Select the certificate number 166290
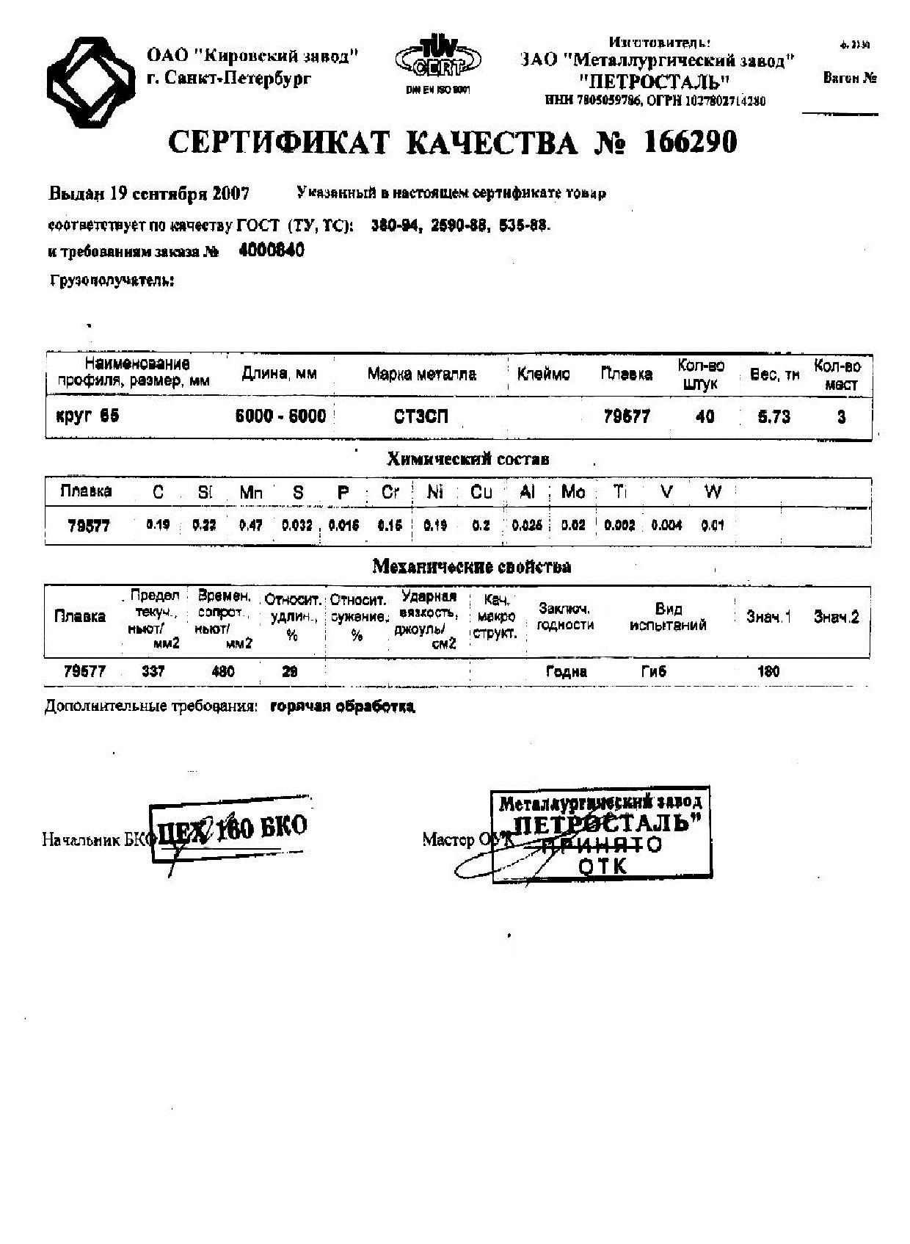[x=689, y=142]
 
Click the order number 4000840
[x=272, y=250]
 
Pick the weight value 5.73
[x=773, y=417]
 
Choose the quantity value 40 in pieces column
[x=705, y=417]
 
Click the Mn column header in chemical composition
[x=251, y=492]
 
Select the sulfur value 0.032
[x=297, y=526]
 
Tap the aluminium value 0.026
[x=526, y=526]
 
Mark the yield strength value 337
[x=153, y=671]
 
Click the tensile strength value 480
[x=222, y=671]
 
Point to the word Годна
[x=566, y=671]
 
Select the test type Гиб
[x=653, y=671]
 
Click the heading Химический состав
[x=467, y=460]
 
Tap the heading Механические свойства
[x=471, y=567]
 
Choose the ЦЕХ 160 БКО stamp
[x=229, y=829]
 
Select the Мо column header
[x=572, y=492]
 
